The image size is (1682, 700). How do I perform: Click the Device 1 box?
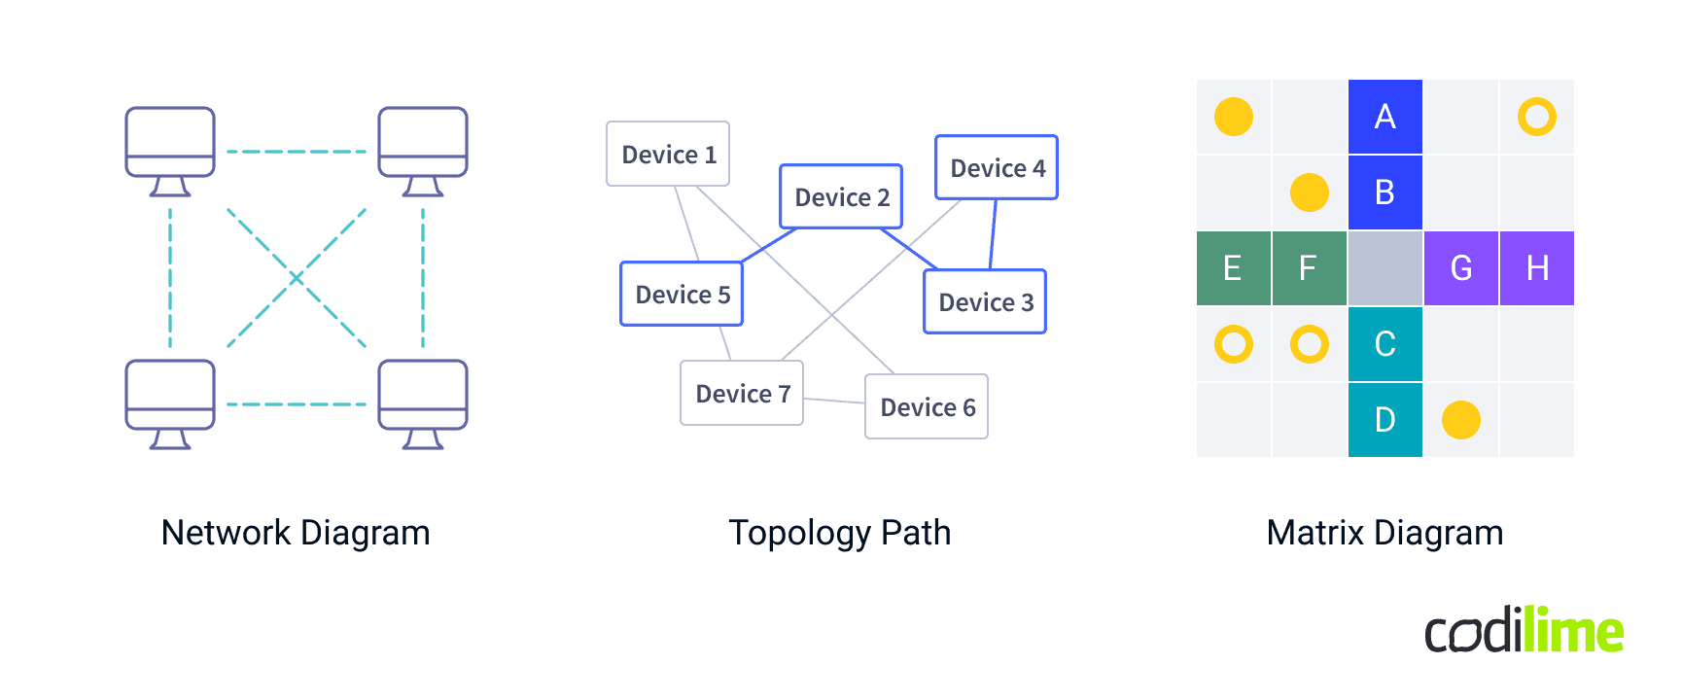(x=668, y=154)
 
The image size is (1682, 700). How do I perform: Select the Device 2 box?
(x=841, y=196)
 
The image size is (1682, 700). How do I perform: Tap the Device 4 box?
(x=997, y=167)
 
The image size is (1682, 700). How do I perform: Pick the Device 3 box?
(x=985, y=301)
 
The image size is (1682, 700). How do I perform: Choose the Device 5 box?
(x=682, y=294)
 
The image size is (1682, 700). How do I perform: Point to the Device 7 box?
(x=742, y=393)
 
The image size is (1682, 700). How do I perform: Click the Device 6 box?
(x=927, y=406)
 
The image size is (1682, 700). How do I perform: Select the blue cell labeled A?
(x=1385, y=117)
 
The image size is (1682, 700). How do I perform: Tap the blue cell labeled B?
(x=1385, y=192)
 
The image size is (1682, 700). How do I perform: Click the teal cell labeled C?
(x=1385, y=344)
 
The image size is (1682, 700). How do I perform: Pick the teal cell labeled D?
(x=1385, y=420)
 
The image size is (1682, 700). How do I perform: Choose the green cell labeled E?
(x=1233, y=268)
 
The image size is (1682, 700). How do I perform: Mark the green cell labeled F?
(x=1309, y=268)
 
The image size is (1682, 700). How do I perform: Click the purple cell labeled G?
(x=1461, y=268)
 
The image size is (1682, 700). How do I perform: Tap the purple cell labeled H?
(x=1537, y=268)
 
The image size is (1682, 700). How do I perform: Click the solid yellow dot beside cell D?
(x=1461, y=420)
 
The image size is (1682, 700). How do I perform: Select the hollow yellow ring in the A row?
(x=1537, y=117)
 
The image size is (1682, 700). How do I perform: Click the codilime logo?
(x=1524, y=630)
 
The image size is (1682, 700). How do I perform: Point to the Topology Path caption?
(x=840, y=533)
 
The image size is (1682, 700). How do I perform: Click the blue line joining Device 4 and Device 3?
(x=993, y=234)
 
